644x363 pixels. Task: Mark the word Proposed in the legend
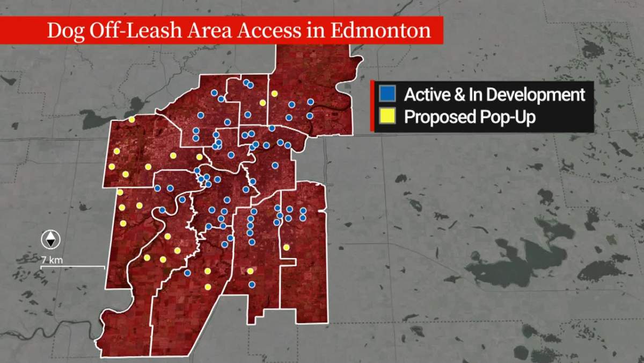coord(438,117)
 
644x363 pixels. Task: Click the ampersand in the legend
coord(461,95)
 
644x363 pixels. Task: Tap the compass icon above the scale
coord(50,238)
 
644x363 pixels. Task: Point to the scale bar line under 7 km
coord(72,266)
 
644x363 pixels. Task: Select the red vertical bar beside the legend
coord(372,105)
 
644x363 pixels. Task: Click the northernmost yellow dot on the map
coord(274,94)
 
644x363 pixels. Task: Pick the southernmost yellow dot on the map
coord(208,287)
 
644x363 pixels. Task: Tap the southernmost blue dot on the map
coord(252,284)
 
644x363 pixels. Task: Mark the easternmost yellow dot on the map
coord(287,247)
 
